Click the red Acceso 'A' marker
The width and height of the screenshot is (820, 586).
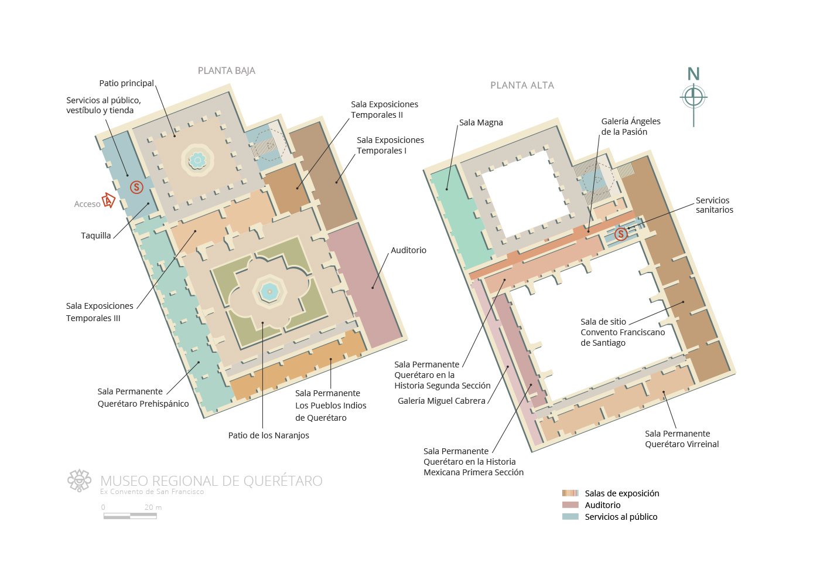point(108,200)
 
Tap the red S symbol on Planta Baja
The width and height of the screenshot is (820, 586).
point(136,187)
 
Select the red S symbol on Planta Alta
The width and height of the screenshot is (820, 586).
point(621,234)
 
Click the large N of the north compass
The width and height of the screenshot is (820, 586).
point(693,74)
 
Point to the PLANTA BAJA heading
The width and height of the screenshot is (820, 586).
point(226,71)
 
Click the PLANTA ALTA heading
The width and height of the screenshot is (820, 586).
point(522,86)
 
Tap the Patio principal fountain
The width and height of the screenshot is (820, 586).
point(198,160)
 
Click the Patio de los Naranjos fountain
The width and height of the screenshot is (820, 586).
point(269,292)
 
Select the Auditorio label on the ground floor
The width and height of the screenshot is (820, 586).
point(409,250)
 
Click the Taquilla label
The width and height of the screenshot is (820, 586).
point(96,236)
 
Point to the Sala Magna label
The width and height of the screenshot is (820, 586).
point(481,122)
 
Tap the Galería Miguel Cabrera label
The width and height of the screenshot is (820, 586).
point(442,401)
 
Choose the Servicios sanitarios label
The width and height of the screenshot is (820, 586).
point(714,205)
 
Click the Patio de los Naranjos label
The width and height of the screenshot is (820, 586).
point(269,435)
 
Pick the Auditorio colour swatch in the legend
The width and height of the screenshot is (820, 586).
point(570,505)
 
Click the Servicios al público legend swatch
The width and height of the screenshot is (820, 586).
point(570,516)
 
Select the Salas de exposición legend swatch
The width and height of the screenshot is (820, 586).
point(570,493)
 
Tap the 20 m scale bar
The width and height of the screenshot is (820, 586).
point(130,516)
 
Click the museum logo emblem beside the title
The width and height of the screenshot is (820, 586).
point(80,480)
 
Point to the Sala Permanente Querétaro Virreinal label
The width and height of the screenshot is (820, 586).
point(682,439)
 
